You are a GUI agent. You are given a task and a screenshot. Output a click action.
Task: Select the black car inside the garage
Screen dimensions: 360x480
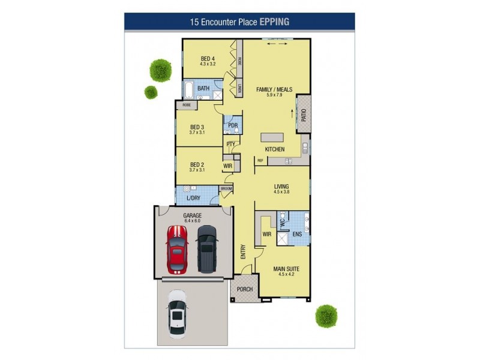click(x=206, y=247)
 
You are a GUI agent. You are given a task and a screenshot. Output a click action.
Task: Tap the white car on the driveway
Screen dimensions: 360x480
click(x=178, y=312)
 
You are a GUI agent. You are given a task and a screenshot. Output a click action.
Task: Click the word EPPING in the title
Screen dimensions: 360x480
click(x=274, y=22)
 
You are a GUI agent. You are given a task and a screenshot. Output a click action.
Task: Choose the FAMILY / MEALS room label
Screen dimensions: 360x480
click(x=274, y=89)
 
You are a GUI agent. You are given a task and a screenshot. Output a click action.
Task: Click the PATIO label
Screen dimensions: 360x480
click(x=304, y=112)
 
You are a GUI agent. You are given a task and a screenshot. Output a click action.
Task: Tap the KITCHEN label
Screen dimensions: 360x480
click(x=275, y=149)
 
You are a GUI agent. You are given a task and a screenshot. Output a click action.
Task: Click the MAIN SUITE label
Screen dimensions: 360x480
click(x=286, y=269)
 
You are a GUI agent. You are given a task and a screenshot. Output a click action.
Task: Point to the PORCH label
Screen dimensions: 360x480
click(x=245, y=289)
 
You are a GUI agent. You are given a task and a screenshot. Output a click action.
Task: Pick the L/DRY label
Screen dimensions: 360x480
click(x=193, y=197)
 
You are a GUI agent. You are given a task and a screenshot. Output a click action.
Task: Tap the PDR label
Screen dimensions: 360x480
click(x=232, y=125)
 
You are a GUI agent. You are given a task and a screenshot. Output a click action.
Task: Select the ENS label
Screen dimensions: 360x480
click(x=297, y=234)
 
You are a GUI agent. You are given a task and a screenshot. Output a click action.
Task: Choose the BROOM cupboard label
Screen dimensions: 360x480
click(x=226, y=189)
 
